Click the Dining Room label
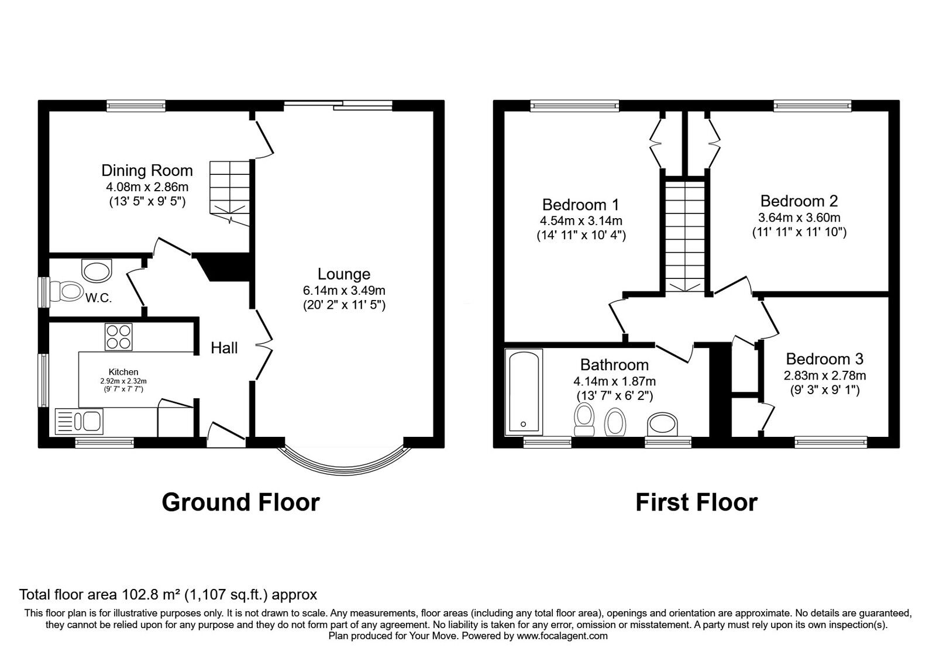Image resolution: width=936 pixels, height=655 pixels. (x=147, y=171)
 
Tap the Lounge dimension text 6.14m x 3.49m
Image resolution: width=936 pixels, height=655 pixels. (x=343, y=290)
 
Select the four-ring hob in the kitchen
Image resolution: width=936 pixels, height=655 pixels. (x=119, y=337)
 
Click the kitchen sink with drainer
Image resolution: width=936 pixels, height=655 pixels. (x=78, y=420)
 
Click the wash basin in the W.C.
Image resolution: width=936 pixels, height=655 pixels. (x=97, y=271)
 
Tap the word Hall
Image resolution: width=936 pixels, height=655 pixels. (x=224, y=348)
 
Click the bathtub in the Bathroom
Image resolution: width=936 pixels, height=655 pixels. (x=524, y=392)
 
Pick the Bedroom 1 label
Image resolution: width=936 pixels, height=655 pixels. (x=580, y=205)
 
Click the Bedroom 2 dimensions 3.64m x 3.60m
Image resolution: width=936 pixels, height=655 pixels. (x=799, y=218)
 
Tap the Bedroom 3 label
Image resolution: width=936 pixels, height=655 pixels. (x=824, y=358)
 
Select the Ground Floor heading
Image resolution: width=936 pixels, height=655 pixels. (x=240, y=502)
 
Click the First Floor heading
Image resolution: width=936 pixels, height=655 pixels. (x=696, y=502)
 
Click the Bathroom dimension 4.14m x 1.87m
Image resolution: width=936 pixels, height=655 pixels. (x=614, y=381)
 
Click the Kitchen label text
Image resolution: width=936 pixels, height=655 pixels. (x=123, y=372)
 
